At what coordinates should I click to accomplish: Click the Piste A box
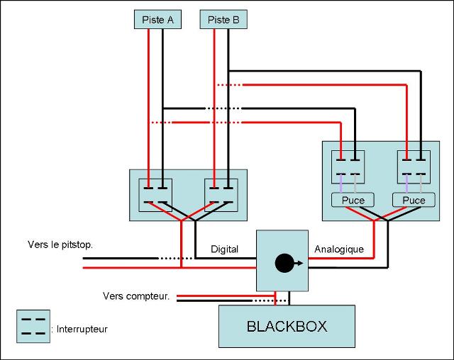[157, 20]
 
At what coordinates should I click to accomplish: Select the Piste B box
[223, 20]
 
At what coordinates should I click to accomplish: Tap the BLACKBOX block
[287, 327]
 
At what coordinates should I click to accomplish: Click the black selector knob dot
[284, 263]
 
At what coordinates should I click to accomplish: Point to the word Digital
[224, 249]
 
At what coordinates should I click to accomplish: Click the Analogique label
[338, 249]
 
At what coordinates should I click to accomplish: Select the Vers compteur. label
[135, 296]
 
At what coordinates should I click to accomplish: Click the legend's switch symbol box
[33, 326]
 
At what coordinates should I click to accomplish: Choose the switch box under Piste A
[155, 196]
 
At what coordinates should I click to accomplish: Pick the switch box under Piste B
[221, 196]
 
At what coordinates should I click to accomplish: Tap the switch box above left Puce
[348, 167]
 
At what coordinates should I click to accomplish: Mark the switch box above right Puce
[413, 167]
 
